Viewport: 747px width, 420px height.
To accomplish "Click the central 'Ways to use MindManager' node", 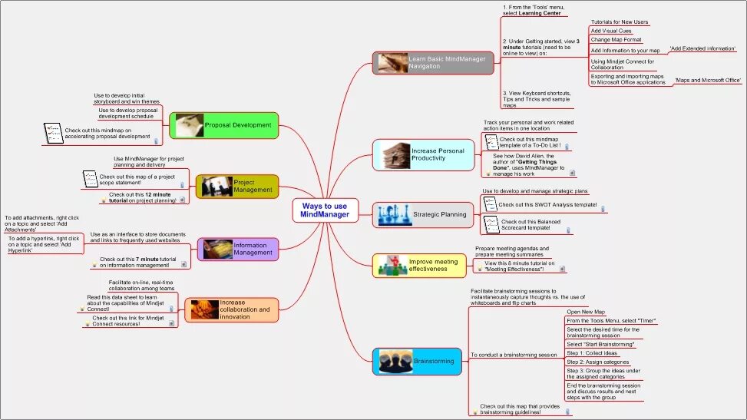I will point(324,210).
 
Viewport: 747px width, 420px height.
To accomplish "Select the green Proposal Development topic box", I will point(223,124).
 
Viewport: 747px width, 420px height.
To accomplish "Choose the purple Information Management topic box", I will point(237,248).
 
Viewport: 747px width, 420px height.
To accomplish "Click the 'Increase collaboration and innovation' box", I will point(231,309).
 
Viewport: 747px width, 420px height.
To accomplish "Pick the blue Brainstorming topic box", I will point(417,361).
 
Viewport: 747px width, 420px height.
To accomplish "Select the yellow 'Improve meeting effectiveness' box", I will point(417,266).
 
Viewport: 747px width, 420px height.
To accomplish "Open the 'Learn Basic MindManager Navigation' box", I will point(433,62).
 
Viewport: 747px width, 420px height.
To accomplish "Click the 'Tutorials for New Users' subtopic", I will point(620,22).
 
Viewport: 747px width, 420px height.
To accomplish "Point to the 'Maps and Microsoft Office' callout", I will point(706,80).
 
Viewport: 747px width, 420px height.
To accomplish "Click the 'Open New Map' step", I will point(586,312).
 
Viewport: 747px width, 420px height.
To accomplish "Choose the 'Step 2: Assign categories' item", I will point(597,362).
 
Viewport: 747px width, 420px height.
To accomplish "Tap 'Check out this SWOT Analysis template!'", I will point(547,205).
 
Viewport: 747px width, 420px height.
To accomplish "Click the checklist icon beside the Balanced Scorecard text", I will point(490,224).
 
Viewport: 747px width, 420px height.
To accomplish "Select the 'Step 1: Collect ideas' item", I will point(591,353).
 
